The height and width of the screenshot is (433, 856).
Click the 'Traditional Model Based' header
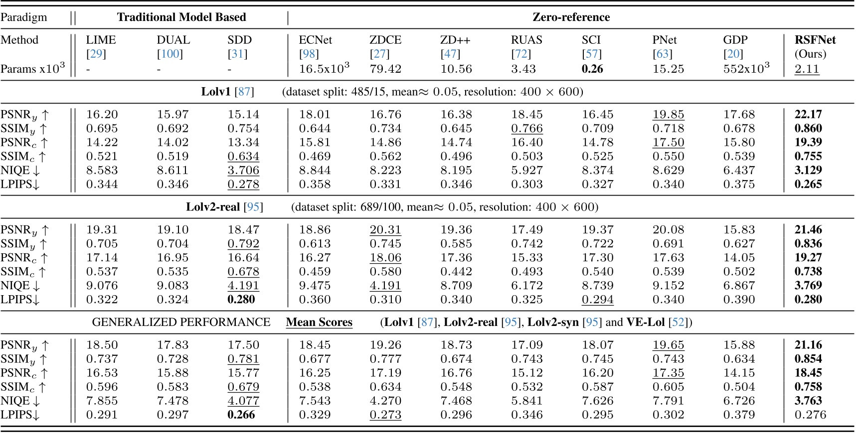click(x=181, y=17)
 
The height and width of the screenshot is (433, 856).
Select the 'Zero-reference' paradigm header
click(x=571, y=17)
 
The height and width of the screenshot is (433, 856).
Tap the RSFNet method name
click(x=815, y=40)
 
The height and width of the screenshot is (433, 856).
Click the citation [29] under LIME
click(x=96, y=54)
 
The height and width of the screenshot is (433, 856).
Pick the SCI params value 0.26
click(x=592, y=69)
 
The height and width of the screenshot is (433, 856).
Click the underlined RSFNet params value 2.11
click(x=807, y=69)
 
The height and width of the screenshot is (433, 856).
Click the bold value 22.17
click(x=808, y=114)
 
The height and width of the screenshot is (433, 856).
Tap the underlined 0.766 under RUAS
click(x=526, y=128)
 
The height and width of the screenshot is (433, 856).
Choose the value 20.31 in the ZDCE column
click(x=385, y=230)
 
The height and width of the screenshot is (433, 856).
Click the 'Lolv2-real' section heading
click(x=213, y=207)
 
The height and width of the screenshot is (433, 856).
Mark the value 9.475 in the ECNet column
click(x=315, y=286)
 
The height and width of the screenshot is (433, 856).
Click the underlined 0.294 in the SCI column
click(x=597, y=300)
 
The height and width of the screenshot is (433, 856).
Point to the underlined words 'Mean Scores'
click(x=319, y=323)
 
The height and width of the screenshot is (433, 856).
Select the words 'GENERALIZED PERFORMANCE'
click(x=181, y=323)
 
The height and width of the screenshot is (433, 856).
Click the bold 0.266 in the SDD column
click(x=241, y=415)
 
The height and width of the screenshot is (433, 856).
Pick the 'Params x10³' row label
click(x=32, y=69)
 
